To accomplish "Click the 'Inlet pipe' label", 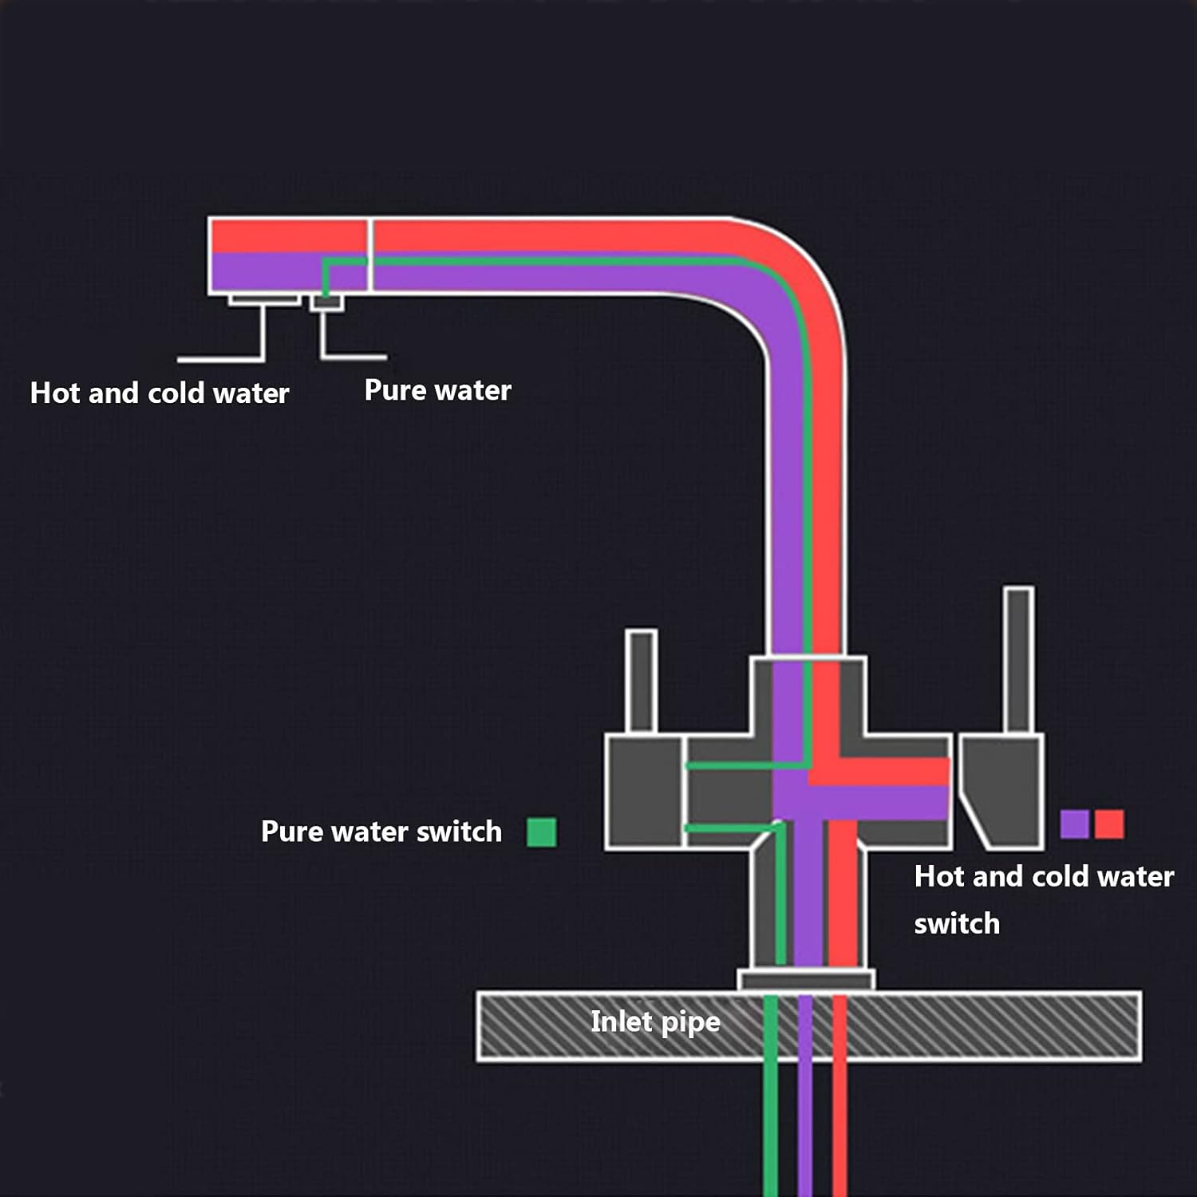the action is pos(655,1022).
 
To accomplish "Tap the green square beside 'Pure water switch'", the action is pos(542,832).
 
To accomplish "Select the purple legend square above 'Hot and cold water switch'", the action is pos(1074,824).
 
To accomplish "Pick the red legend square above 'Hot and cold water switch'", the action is pos(1109,824).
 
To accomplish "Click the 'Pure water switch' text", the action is pos(381,832).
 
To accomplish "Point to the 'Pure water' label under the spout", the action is pos(438,390).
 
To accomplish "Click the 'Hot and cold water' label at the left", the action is pos(160,393).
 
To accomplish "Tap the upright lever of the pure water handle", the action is pos(641,681).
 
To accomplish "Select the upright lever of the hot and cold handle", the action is pos(1019,660).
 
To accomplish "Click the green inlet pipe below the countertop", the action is pos(771,1129).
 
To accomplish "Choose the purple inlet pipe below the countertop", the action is pos(805,1129).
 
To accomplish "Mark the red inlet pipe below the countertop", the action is pos(839,1129).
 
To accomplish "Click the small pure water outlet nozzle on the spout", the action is pos(326,302).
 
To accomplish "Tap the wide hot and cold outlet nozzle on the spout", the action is pos(264,300).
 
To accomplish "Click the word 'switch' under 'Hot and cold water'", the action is pos(957,924).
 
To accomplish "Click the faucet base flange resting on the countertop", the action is pos(806,980).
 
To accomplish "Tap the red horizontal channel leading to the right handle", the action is pos(879,772).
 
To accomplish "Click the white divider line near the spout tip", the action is pos(369,255).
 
